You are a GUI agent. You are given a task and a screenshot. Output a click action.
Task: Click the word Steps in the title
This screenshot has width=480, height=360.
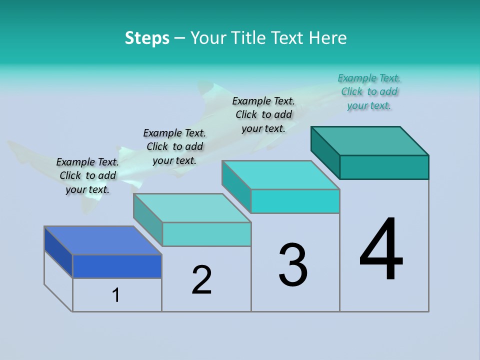point(147,38)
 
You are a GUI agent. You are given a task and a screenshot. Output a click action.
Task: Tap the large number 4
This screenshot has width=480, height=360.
point(381,250)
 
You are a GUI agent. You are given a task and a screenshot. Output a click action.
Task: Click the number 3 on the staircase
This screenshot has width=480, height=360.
point(293,265)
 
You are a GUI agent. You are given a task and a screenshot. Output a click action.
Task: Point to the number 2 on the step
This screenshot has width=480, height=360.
point(201,280)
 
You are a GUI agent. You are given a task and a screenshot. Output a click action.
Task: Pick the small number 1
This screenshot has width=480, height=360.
point(115,295)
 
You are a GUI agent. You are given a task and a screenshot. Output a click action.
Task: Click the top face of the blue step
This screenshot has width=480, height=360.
point(103,240)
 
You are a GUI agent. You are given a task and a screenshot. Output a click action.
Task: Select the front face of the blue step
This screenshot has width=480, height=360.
point(117,266)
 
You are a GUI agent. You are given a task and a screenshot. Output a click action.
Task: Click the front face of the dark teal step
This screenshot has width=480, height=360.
point(384,167)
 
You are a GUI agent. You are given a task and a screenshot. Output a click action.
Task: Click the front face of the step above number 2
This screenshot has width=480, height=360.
point(206,234)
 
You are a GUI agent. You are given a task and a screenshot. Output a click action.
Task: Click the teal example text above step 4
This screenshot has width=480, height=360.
point(369,91)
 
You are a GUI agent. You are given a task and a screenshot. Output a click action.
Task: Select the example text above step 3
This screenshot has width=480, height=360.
point(263,114)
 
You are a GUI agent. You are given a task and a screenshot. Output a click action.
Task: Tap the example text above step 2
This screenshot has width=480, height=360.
point(174,146)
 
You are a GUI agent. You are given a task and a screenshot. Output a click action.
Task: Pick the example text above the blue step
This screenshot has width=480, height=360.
point(87,175)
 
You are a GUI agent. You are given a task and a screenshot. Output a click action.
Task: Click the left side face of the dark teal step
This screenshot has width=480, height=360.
point(325,152)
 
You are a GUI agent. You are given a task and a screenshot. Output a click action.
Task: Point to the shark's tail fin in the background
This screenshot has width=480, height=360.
point(20,150)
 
